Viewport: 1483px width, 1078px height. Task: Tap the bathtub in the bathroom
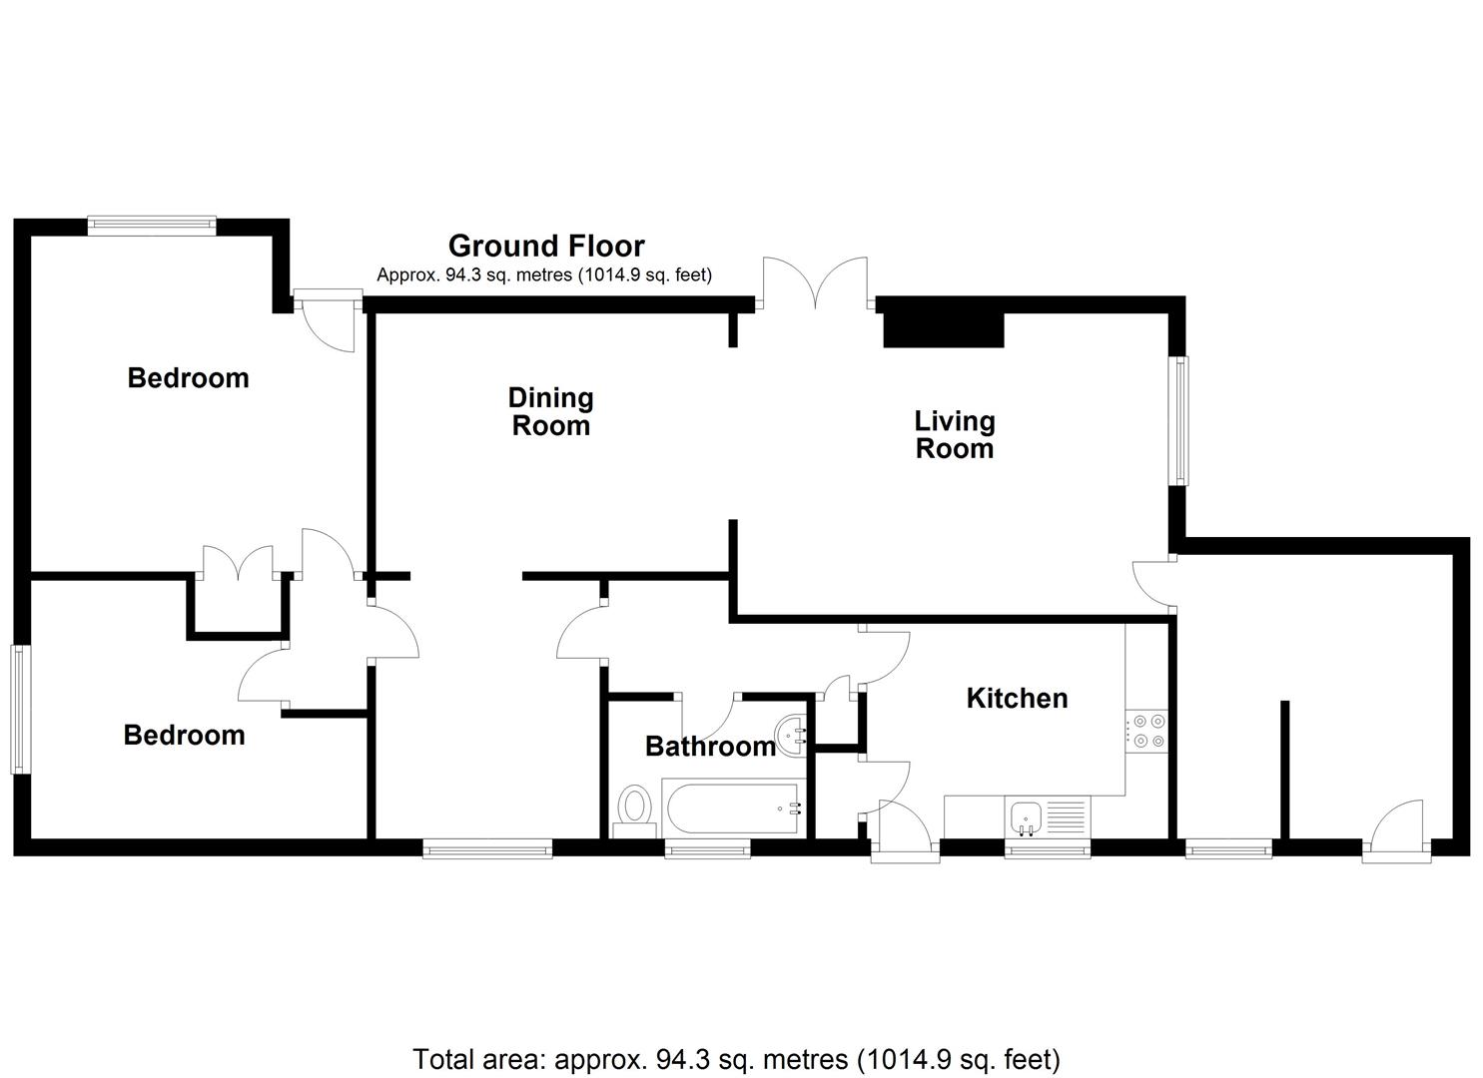(x=733, y=809)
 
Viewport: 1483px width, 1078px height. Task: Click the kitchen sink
(x=1026, y=817)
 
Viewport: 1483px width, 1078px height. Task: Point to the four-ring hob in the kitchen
(x=1145, y=731)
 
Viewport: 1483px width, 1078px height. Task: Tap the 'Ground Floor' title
(x=546, y=246)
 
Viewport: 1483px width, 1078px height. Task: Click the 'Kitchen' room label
(x=1017, y=698)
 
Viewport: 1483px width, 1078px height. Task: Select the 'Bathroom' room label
(x=710, y=746)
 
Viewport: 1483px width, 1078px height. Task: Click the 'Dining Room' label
(x=550, y=411)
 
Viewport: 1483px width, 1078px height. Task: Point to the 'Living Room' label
(x=954, y=434)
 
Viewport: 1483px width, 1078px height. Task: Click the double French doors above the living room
(x=815, y=283)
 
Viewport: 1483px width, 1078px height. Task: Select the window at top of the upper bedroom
(x=151, y=226)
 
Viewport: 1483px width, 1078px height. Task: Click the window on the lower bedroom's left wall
(x=20, y=709)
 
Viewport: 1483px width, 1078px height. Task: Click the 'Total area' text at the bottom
(x=736, y=1058)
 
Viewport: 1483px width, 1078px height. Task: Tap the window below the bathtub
(x=707, y=849)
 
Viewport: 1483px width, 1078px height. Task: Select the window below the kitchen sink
(x=1047, y=849)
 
